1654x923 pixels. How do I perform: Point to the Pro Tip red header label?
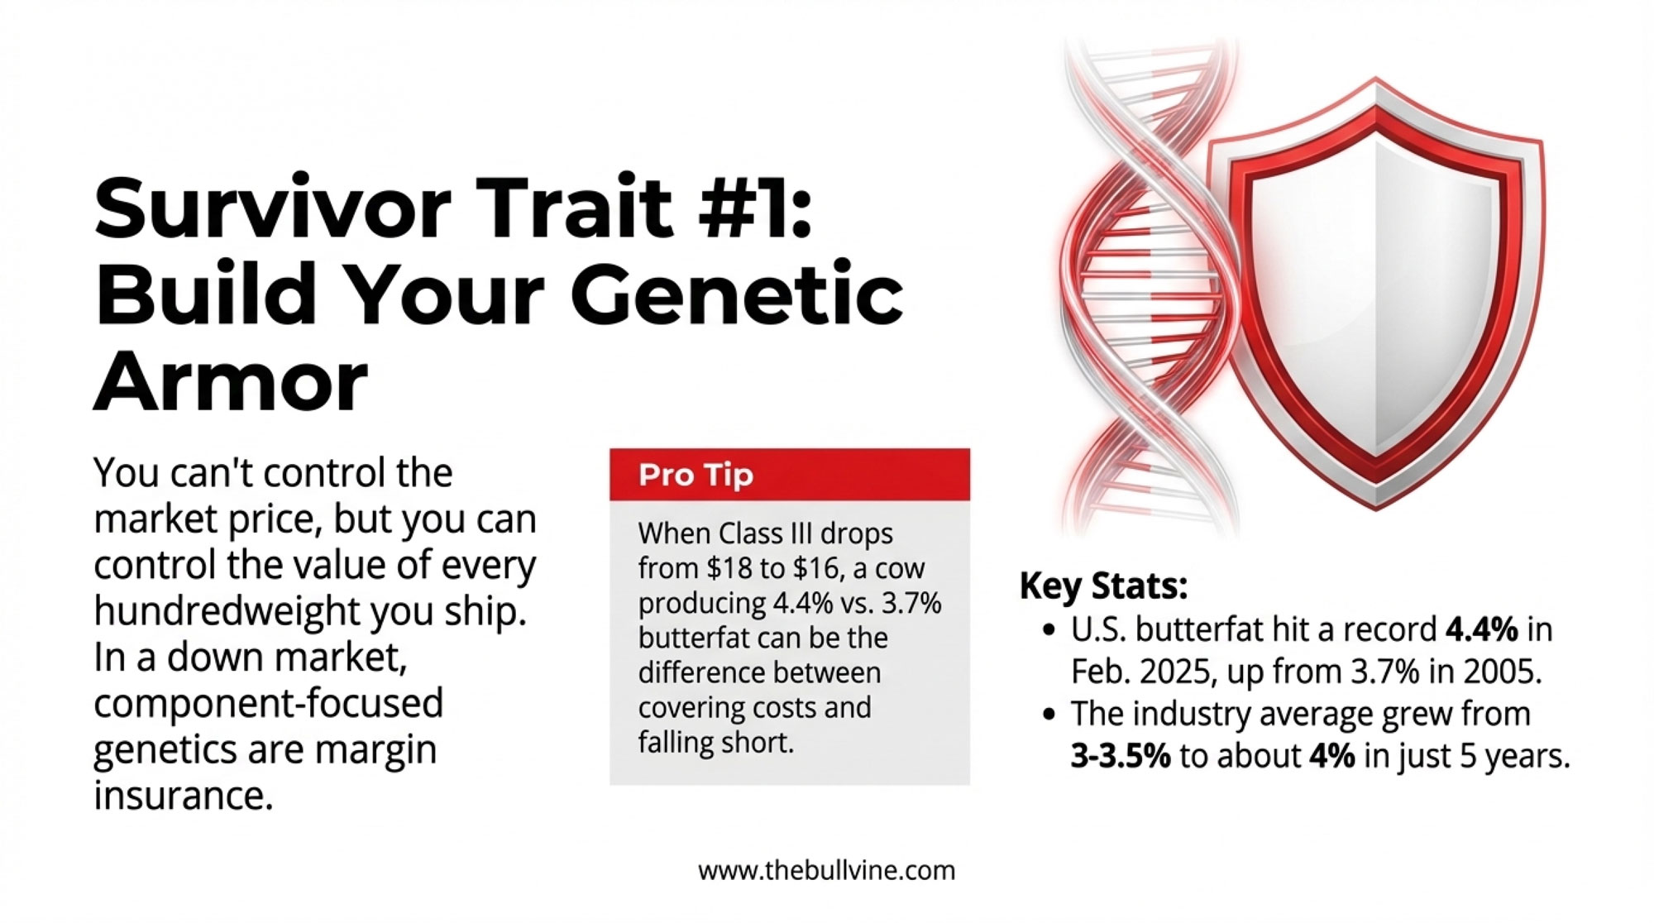click(x=696, y=476)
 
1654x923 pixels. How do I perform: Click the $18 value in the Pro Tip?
click(x=730, y=569)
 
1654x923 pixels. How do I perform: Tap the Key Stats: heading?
click(x=1103, y=586)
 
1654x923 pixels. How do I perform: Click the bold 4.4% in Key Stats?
click(x=1481, y=630)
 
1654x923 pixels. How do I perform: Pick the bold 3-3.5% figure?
click(x=1121, y=756)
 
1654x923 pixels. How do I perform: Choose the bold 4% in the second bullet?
click(x=1332, y=756)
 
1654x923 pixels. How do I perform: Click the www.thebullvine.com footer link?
click(x=827, y=870)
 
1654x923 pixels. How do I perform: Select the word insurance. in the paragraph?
click(x=184, y=796)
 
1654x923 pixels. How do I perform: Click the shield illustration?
click(x=1374, y=294)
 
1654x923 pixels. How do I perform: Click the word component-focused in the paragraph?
click(x=269, y=704)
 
